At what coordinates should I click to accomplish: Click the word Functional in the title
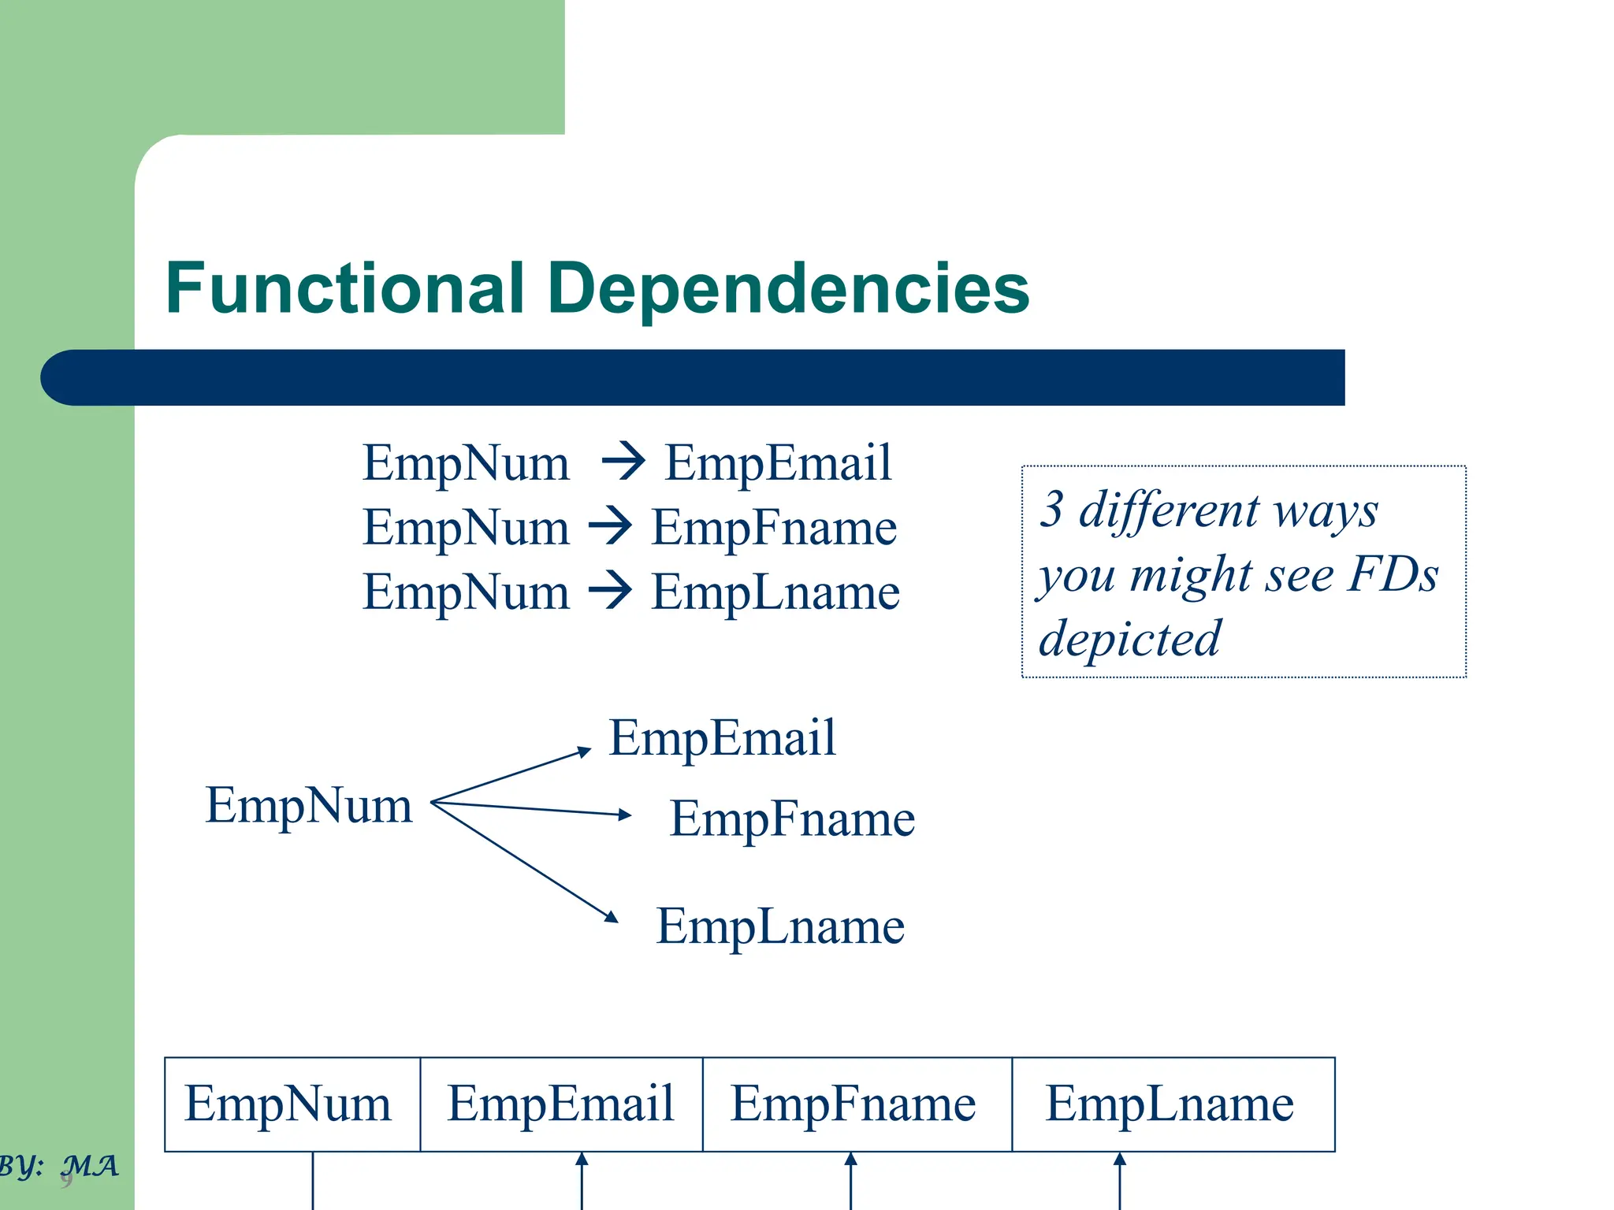pyautogui.click(x=344, y=288)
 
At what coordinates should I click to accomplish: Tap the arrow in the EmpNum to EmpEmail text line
pyautogui.click(x=623, y=462)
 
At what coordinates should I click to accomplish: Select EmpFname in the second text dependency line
pyautogui.click(x=774, y=527)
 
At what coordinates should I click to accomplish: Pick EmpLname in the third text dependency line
pyautogui.click(x=775, y=592)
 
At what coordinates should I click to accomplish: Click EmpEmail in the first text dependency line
pyautogui.click(x=778, y=462)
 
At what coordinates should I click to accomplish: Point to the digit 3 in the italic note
pyautogui.click(x=1053, y=509)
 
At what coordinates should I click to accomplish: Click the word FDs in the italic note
pyautogui.click(x=1393, y=573)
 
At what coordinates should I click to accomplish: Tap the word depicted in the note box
pyautogui.click(x=1129, y=638)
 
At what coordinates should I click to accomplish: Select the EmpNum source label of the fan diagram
pyautogui.click(x=309, y=805)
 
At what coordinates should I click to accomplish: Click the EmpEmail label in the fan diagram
pyautogui.click(x=722, y=738)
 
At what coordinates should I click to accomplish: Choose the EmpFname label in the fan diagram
pyautogui.click(x=792, y=818)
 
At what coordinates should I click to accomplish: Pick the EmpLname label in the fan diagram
pyautogui.click(x=780, y=926)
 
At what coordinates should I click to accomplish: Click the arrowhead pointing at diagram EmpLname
pyautogui.click(x=612, y=916)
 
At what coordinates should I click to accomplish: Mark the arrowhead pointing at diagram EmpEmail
pyautogui.click(x=585, y=752)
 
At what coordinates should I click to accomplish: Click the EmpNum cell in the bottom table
pyautogui.click(x=288, y=1104)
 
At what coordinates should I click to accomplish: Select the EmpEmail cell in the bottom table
pyautogui.click(x=560, y=1104)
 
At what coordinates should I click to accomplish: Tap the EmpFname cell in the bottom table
pyautogui.click(x=853, y=1104)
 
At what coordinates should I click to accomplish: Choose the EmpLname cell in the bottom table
pyautogui.click(x=1170, y=1104)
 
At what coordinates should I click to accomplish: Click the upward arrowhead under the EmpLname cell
pyautogui.click(x=1119, y=1159)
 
